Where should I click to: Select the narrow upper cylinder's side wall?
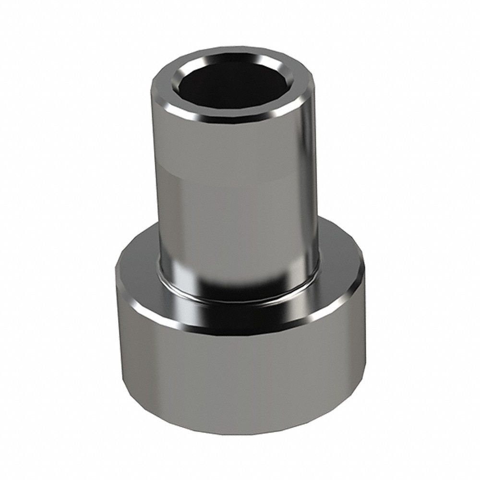[240, 202]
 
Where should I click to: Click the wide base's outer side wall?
[240, 379]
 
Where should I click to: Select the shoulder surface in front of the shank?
[240, 312]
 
